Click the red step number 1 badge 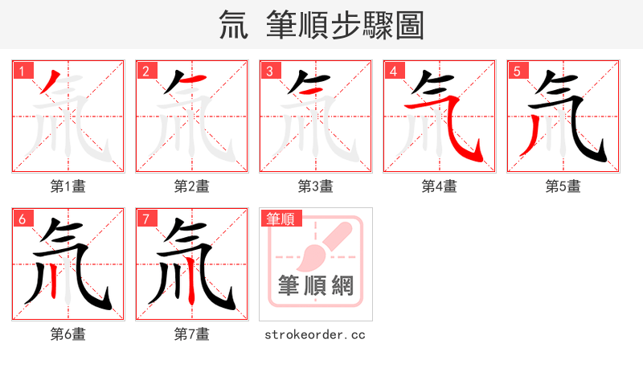(x=22, y=72)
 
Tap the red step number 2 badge (x=145, y=72)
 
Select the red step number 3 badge (x=269, y=72)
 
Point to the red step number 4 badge (x=393, y=72)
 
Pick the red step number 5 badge (x=517, y=72)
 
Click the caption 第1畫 (x=68, y=186)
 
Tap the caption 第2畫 (x=192, y=186)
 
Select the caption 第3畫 (x=316, y=186)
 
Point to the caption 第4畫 (x=440, y=186)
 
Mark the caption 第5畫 (x=563, y=186)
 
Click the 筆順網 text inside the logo (x=316, y=286)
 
